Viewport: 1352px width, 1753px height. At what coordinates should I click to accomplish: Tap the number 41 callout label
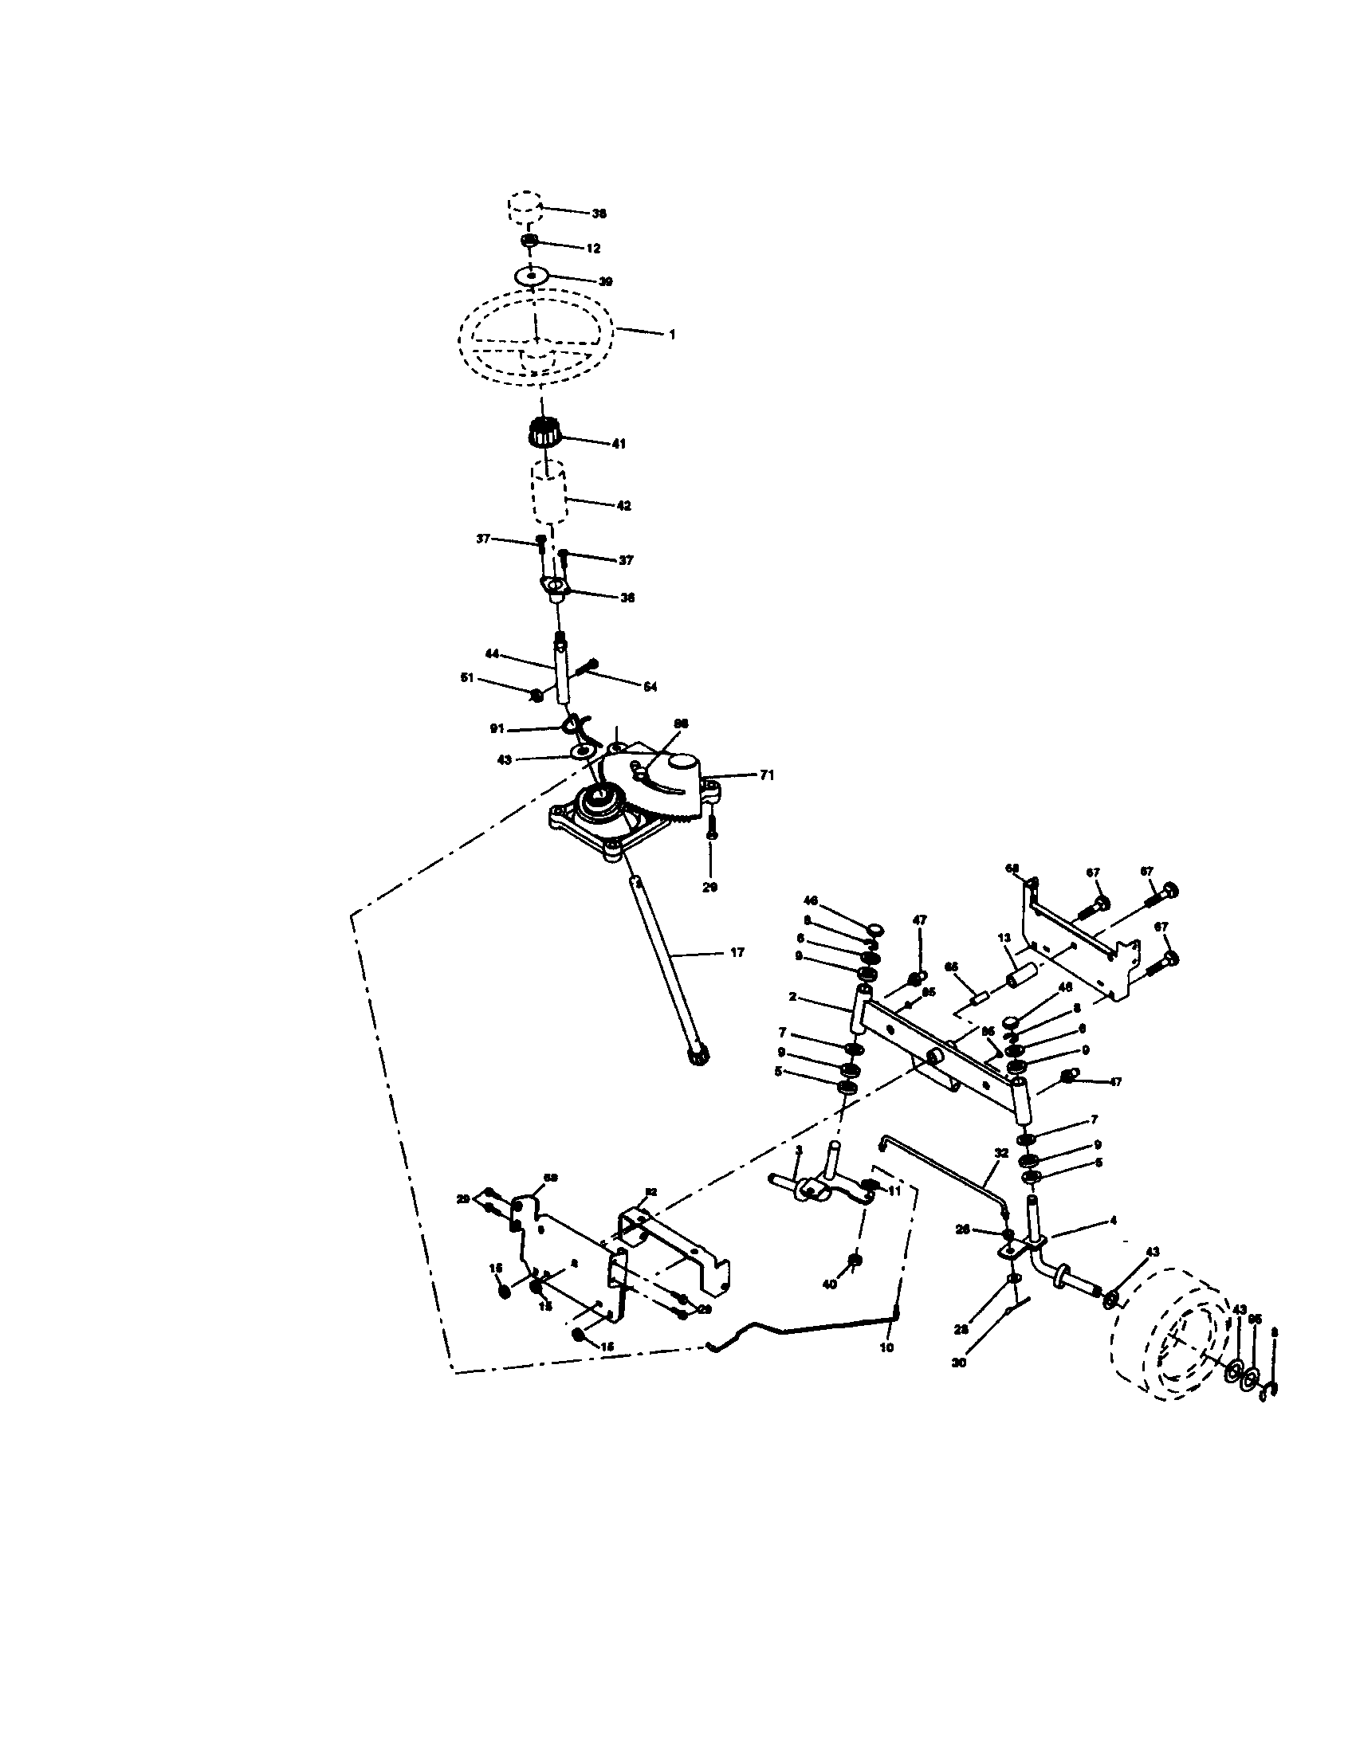[x=618, y=443]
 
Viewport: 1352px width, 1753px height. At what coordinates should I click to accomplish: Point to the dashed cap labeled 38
[x=524, y=206]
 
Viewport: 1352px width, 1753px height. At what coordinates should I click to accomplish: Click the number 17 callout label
[x=737, y=953]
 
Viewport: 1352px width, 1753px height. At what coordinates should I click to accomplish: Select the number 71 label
[x=767, y=775]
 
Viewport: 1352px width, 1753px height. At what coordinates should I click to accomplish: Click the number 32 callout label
[x=1001, y=1153]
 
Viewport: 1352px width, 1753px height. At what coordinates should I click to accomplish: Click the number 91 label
[x=496, y=729]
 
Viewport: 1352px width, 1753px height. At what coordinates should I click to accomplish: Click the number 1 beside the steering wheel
[x=672, y=334]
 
